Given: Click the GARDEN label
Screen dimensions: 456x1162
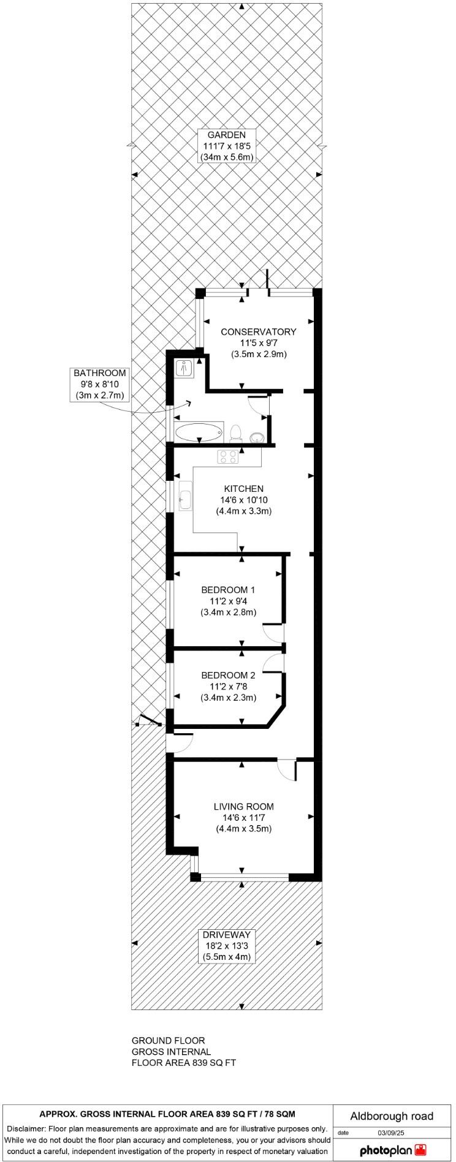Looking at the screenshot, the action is pyautogui.click(x=226, y=135).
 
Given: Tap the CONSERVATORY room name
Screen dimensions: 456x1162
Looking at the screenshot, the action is pyautogui.click(x=259, y=331).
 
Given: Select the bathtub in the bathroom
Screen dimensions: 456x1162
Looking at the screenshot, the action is pyautogui.click(x=199, y=432).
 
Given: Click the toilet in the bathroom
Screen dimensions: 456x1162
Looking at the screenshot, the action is pyautogui.click(x=235, y=433).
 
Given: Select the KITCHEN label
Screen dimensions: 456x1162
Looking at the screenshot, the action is pyautogui.click(x=243, y=489).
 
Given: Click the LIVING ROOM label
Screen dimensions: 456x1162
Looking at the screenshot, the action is pyautogui.click(x=243, y=807).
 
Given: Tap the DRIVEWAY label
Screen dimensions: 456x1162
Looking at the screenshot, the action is pyautogui.click(x=226, y=935).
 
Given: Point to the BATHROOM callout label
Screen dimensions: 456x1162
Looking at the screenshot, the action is pyautogui.click(x=100, y=373).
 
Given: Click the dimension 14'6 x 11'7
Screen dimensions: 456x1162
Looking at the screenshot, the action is pyautogui.click(x=243, y=818).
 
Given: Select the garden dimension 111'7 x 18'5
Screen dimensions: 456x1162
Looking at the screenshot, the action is pyautogui.click(x=226, y=146).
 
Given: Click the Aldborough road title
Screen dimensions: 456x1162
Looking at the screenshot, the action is pyautogui.click(x=392, y=1116).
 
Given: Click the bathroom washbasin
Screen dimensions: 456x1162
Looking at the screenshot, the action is pyautogui.click(x=256, y=436).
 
